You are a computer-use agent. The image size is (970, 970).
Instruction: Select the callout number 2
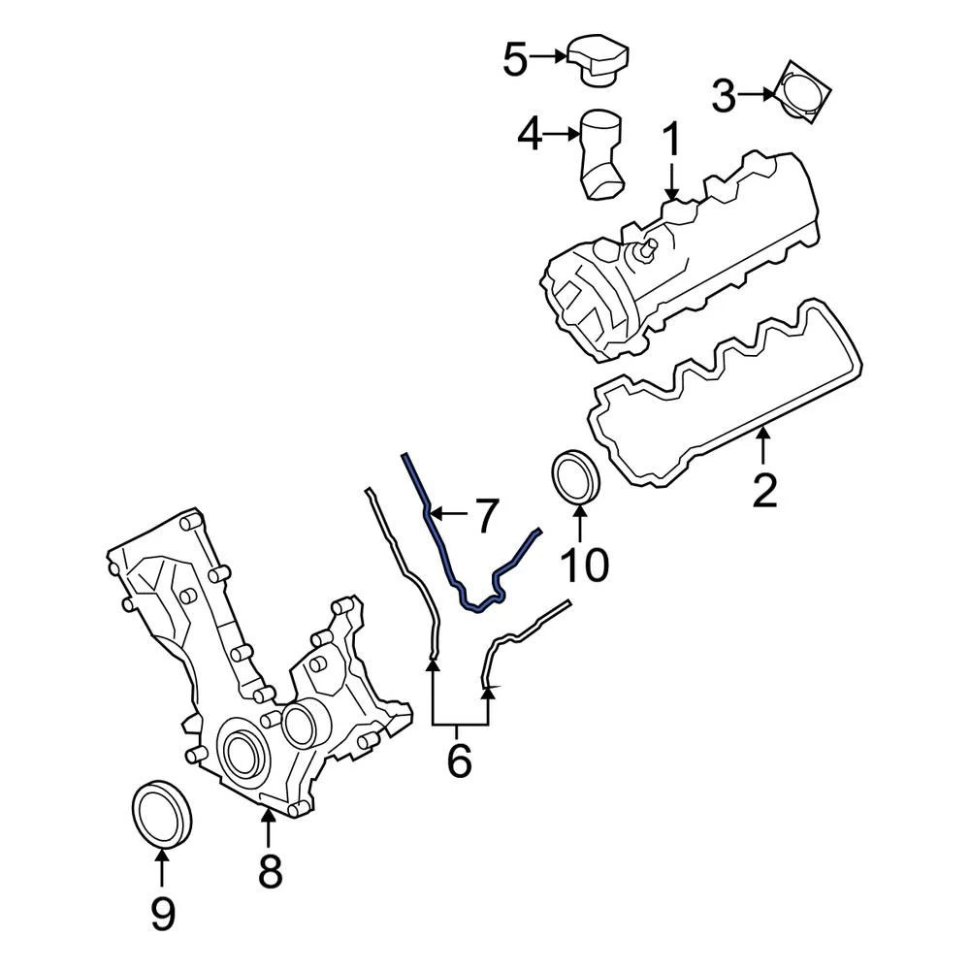[x=764, y=492]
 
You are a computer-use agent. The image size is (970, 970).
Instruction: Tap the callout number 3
[x=725, y=95]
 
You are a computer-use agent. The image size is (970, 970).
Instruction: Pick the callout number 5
[x=514, y=60]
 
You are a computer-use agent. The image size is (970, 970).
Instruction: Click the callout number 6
[x=459, y=761]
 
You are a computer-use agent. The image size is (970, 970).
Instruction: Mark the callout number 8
[x=270, y=872]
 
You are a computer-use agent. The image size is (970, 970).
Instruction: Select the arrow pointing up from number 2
[x=764, y=447]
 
